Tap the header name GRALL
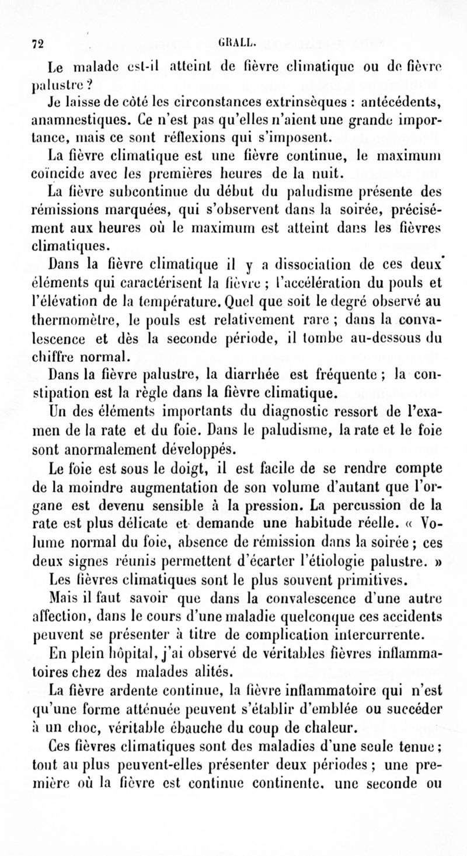pyautogui.click(x=232, y=42)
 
